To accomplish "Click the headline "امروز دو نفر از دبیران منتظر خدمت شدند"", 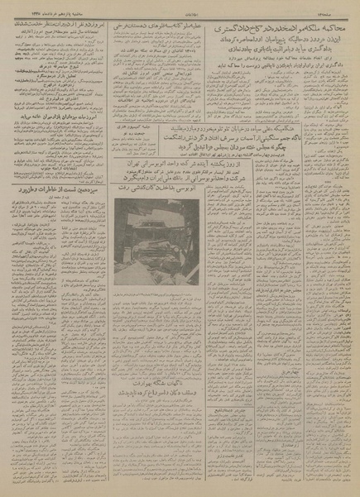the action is [x=53, y=26].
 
